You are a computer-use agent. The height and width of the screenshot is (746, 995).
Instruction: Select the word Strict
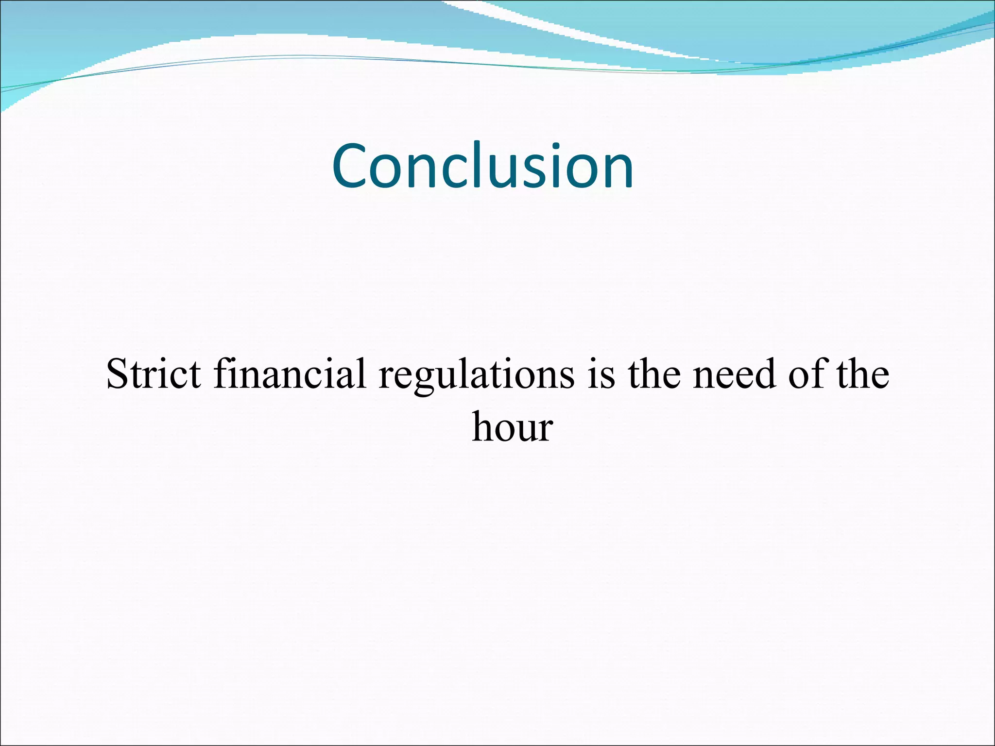pyautogui.click(x=154, y=373)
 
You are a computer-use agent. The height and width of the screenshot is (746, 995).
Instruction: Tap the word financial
pyautogui.click(x=290, y=373)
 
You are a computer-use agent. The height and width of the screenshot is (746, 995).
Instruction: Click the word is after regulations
pyautogui.click(x=601, y=373)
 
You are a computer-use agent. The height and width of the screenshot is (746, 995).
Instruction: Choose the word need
pyautogui.click(x=734, y=373)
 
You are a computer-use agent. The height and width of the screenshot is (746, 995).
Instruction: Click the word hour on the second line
pyautogui.click(x=513, y=427)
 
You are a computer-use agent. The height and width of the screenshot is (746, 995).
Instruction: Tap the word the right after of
pyautogui.click(x=863, y=373)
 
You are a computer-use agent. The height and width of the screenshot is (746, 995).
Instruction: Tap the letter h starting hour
pyautogui.click(x=483, y=426)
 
